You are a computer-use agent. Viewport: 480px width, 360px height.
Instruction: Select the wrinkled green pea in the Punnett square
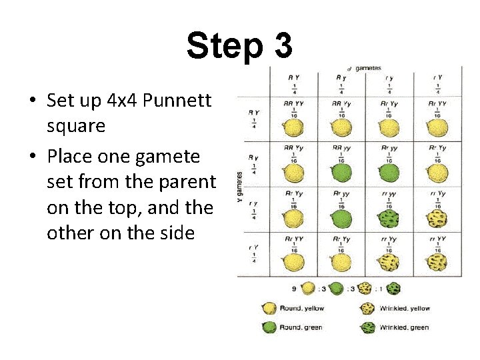(389, 217)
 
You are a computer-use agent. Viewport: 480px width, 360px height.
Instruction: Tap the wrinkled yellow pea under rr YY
(389, 263)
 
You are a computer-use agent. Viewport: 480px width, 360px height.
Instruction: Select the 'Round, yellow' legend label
(301, 308)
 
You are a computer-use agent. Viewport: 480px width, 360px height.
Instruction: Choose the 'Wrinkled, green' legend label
(405, 327)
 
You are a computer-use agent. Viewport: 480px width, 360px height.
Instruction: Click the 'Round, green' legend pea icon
(269, 327)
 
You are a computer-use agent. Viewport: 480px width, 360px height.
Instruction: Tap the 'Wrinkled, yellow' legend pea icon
(368, 308)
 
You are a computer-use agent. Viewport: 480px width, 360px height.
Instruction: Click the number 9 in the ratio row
(293, 289)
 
